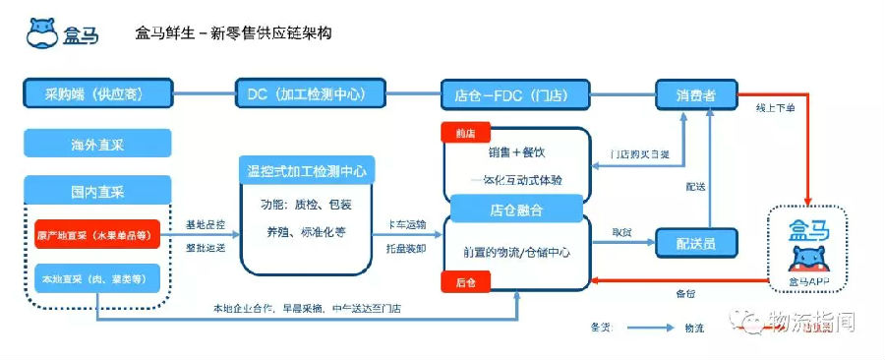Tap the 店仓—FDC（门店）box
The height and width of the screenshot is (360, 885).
pyautogui.click(x=514, y=94)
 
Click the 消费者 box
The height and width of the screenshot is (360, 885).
pyautogui.click(x=695, y=94)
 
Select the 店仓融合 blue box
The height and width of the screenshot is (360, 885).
pyautogui.click(x=516, y=210)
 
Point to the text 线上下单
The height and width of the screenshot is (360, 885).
pyautogui.click(x=775, y=106)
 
